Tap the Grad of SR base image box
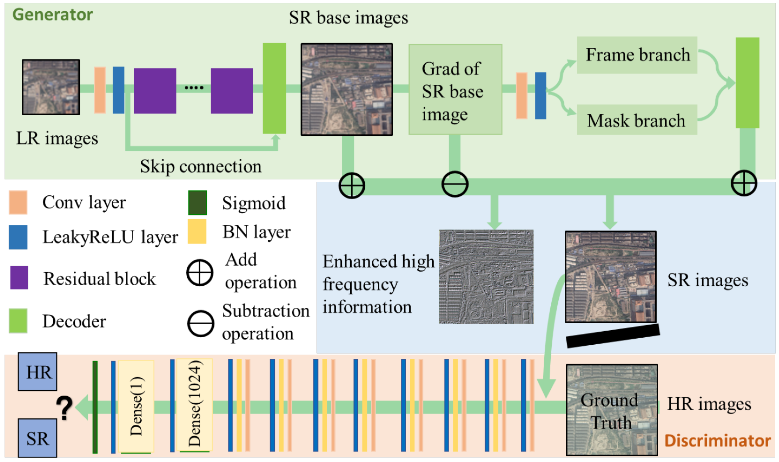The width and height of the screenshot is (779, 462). point(455,89)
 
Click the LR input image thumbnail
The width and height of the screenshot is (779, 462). point(51,87)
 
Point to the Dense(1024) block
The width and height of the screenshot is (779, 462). point(194,405)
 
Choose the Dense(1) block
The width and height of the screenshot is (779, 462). point(136,406)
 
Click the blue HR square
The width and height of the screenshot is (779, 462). point(37,371)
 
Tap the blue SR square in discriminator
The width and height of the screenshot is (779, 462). point(37,438)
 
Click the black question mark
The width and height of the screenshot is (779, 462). point(64,408)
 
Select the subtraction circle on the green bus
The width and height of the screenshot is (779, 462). point(454,184)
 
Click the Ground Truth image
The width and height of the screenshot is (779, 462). point(611,410)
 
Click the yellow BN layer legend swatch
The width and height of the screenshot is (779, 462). point(197,231)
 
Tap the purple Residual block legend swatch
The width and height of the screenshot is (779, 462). point(19,277)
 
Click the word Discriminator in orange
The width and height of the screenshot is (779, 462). point(717,440)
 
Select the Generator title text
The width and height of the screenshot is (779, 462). point(52,15)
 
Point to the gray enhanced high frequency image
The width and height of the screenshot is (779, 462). point(486,277)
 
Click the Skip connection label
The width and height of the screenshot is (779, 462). point(201,166)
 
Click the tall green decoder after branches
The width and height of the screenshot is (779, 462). point(747,83)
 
